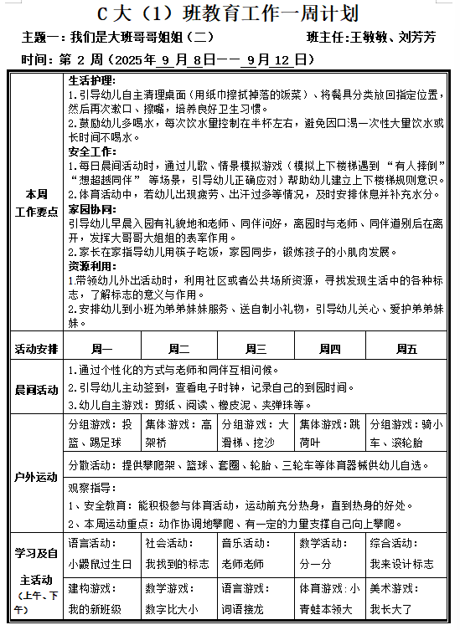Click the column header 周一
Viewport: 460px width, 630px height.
click(101, 348)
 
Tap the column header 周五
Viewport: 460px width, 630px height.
click(406, 348)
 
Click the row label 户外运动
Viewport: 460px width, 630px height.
click(37, 477)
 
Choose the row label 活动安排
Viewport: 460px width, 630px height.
click(37, 348)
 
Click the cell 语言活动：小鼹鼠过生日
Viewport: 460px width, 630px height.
click(101, 553)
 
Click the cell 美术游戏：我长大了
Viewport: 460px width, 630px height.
click(403, 599)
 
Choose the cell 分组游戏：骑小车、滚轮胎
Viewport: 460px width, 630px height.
click(403, 433)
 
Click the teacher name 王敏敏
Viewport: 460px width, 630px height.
click(370, 38)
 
